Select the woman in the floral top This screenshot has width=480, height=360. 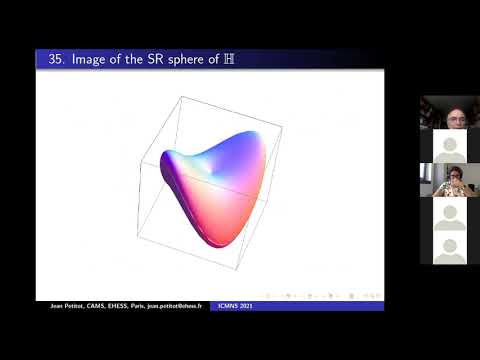coord(449,180)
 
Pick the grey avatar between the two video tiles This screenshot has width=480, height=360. coord(449,146)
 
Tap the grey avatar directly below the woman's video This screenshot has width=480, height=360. coord(449,214)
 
